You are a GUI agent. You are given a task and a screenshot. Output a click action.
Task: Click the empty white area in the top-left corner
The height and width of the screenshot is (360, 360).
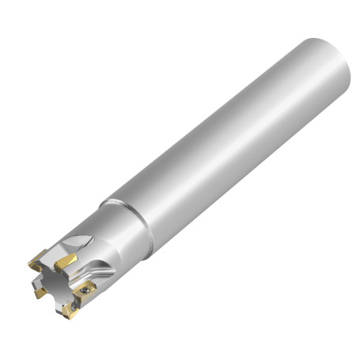tap(24, 24)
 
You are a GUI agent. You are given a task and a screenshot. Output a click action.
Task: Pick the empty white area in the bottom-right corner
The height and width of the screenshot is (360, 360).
tap(332, 332)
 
